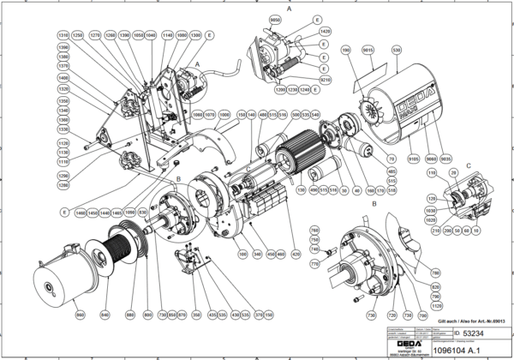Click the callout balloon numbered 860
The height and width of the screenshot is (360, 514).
pos(80,316)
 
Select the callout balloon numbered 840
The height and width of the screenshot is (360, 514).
pos(105,316)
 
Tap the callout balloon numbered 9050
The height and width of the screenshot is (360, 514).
pos(275,19)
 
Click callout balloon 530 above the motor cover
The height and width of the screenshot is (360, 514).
pos(396,51)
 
